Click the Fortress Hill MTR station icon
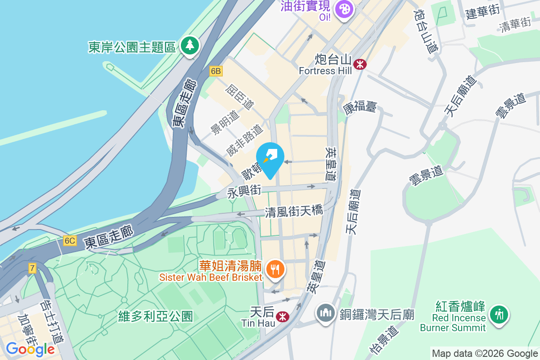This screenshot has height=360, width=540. click(x=360, y=64)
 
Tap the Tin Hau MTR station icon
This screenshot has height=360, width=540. click(x=282, y=317)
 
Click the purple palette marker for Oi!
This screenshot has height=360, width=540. click(x=344, y=9)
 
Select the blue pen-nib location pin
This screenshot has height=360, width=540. click(x=270, y=158)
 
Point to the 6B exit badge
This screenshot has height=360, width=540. click(x=216, y=71)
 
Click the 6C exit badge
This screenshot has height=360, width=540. click(x=70, y=241)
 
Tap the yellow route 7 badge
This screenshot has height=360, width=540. click(x=32, y=269)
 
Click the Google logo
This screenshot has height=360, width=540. click(x=30, y=349)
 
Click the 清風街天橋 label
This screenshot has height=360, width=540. click(x=294, y=211)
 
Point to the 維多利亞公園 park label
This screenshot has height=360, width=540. click(x=156, y=316)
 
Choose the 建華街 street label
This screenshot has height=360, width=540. click(x=483, y=11)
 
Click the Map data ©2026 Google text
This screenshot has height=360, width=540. click(x=485, y=353)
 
